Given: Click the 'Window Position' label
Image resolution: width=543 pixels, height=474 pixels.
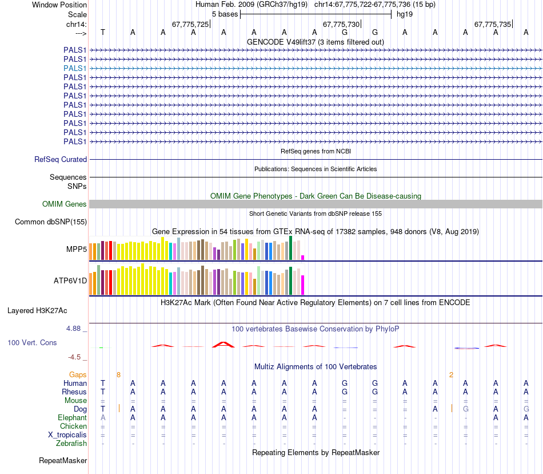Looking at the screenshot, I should pos(59,5).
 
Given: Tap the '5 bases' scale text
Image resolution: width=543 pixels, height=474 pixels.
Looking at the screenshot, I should pos(222,14).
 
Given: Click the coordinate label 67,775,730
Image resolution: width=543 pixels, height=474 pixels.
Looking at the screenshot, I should pos(341,24).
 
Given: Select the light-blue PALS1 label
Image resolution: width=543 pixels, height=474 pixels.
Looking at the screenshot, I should pos(75,68).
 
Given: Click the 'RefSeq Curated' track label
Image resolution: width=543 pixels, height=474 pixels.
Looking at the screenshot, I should pos(61,160).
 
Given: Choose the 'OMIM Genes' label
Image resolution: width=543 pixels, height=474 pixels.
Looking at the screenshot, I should pos(65,204).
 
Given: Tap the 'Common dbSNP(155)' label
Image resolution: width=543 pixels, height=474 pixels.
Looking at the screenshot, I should pos(51,222).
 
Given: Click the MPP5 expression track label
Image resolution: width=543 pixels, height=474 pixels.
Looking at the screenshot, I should pos(76,249).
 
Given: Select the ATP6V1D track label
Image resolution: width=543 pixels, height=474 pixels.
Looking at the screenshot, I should pos(70,281).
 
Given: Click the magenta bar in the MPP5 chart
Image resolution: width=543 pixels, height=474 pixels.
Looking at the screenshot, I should pos(303,257).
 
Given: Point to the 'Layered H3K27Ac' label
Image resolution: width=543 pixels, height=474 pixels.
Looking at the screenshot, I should pos(37,311).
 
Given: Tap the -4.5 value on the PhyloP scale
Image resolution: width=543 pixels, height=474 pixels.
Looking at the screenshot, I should pos(75,357).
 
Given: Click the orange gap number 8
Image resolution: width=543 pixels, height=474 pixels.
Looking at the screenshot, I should pos(118,374).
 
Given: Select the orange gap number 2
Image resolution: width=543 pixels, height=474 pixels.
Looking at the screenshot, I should pos(451,374).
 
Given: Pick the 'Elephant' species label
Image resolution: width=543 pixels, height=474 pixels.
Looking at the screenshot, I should pos(72,418).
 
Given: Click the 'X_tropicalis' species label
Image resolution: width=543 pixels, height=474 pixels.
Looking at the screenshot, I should pos(67,435).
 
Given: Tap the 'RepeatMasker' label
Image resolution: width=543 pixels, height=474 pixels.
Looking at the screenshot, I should pos(63,460).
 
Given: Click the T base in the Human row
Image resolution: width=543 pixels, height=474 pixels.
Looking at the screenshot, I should pos(103,383).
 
